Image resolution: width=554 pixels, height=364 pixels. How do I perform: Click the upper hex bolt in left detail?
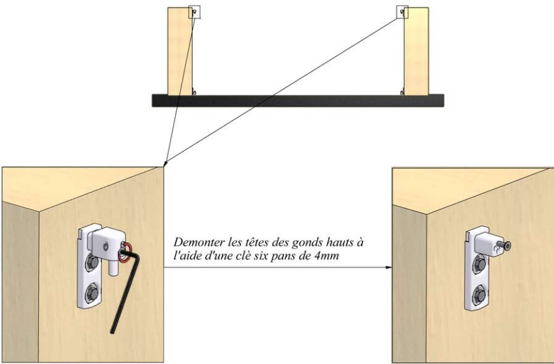point(92,263)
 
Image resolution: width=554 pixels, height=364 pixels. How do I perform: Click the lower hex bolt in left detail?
point(92,293)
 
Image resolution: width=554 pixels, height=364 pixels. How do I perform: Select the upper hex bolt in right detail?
point(479,264)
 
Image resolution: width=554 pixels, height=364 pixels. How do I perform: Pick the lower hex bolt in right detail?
point(479,296)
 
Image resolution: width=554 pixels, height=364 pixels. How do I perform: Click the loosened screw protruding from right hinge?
point(504,246)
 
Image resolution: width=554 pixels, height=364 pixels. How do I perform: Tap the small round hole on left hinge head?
point(105,245)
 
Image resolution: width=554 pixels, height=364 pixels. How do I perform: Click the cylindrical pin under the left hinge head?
point(113,268)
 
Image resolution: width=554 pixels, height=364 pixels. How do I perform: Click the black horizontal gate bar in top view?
point(298,100)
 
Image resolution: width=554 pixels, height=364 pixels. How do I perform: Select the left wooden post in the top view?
point(180,51)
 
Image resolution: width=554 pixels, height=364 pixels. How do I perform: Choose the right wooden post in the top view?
point(416,51)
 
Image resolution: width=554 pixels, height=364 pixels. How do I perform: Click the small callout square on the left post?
point(195,12)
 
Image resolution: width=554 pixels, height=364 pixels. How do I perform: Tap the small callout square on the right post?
point(403,12)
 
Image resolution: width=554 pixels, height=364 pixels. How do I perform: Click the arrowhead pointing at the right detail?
point(389,268)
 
